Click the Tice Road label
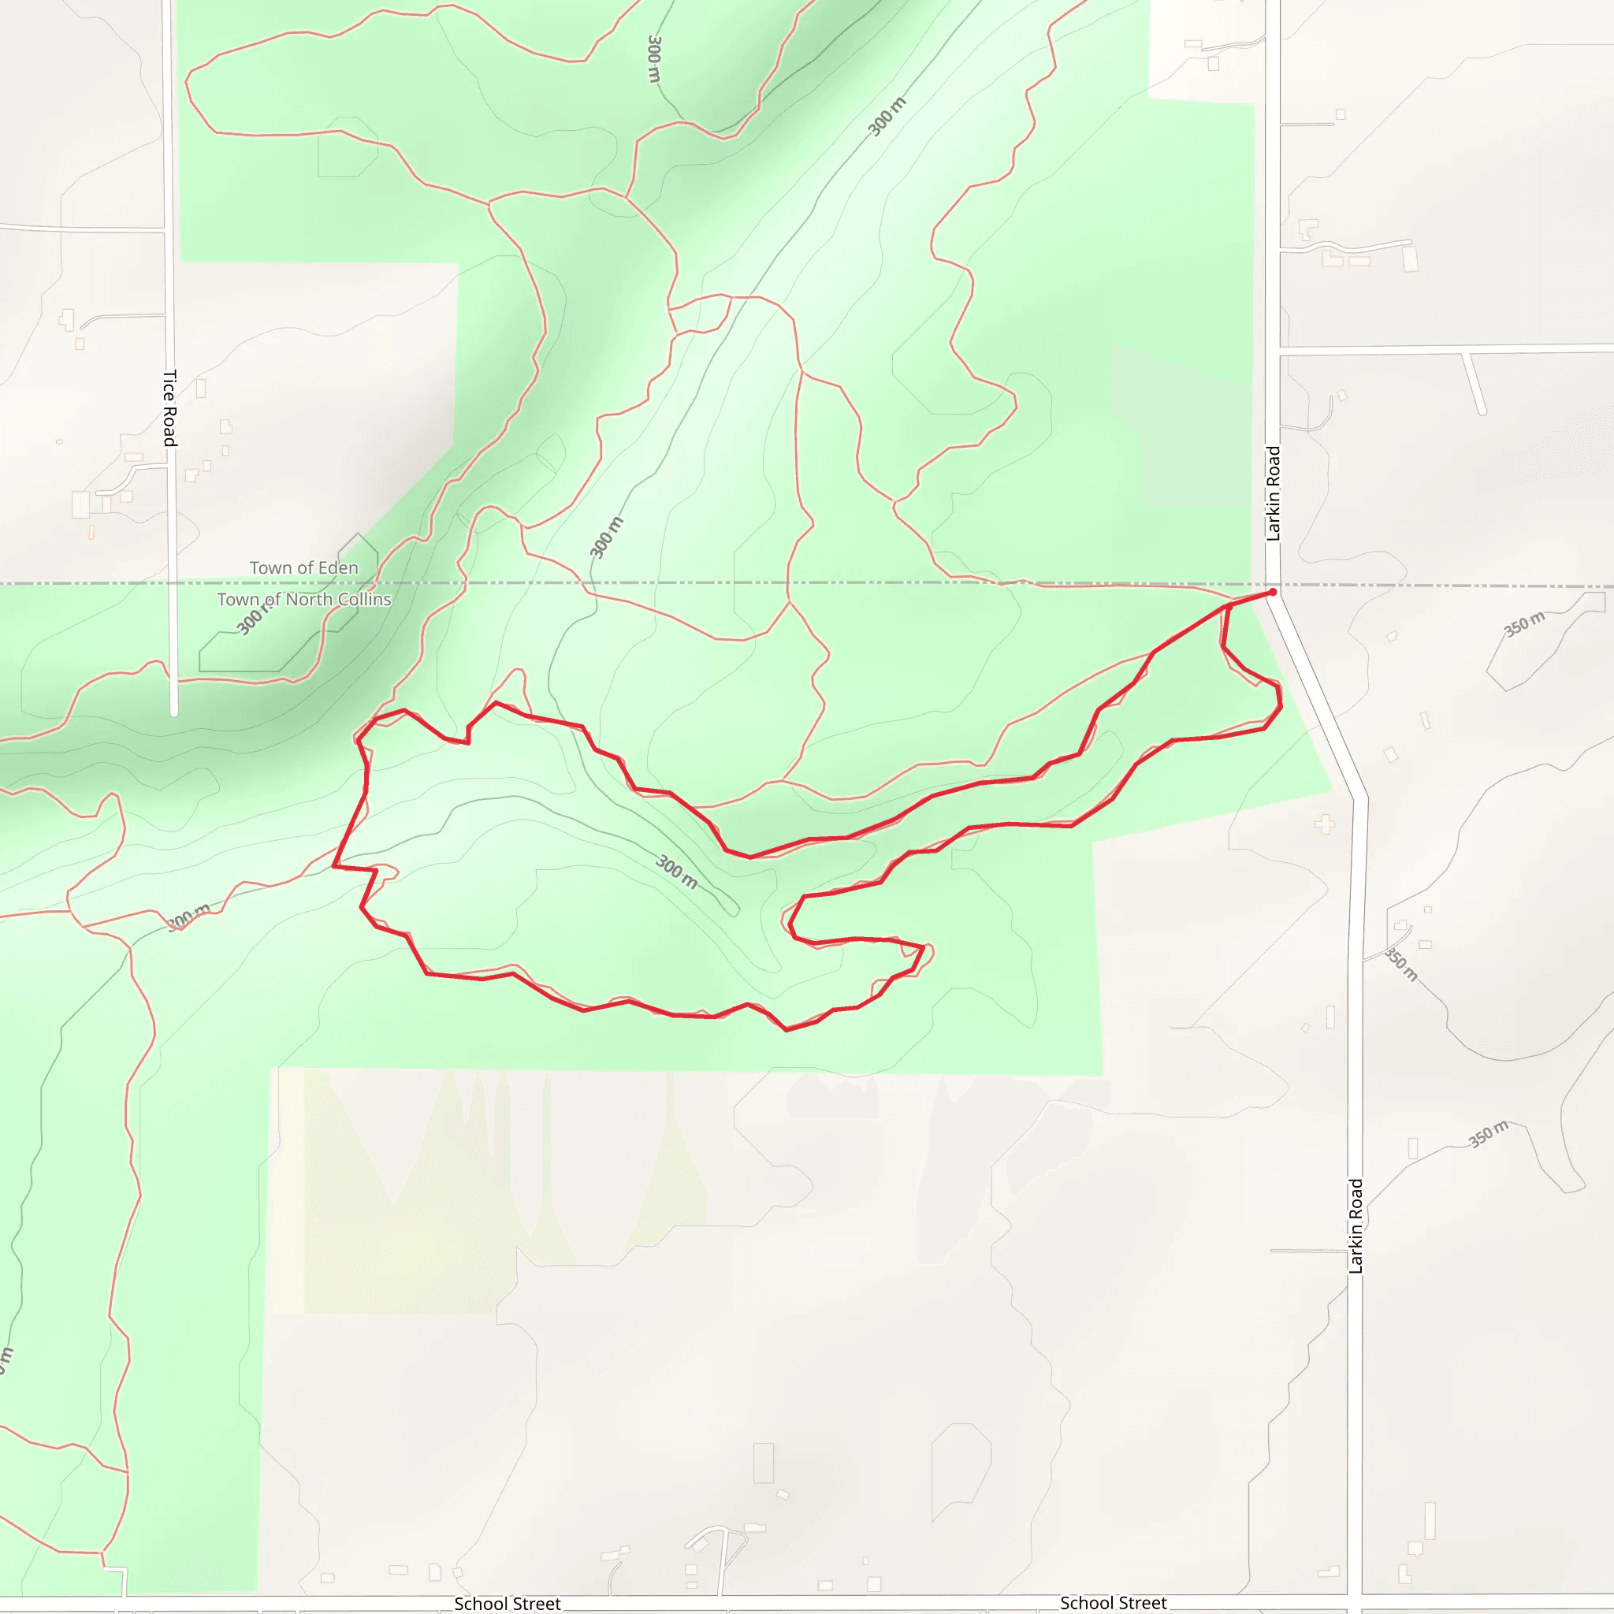point(169,407)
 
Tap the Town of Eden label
point(303,568)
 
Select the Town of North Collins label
point(304,600)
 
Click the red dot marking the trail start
point(1272,593)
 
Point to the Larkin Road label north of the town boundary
point(1274,493)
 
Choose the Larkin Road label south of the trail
point(1356,1225)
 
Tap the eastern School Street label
point(1113,1603)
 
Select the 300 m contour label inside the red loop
point(677,872)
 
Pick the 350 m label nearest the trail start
point(1525,623)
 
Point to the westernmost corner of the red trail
point(334,866)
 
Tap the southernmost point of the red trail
point(786,1030)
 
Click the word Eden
point(337,568)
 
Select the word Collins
point(364,600)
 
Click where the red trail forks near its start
point(1229,604)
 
